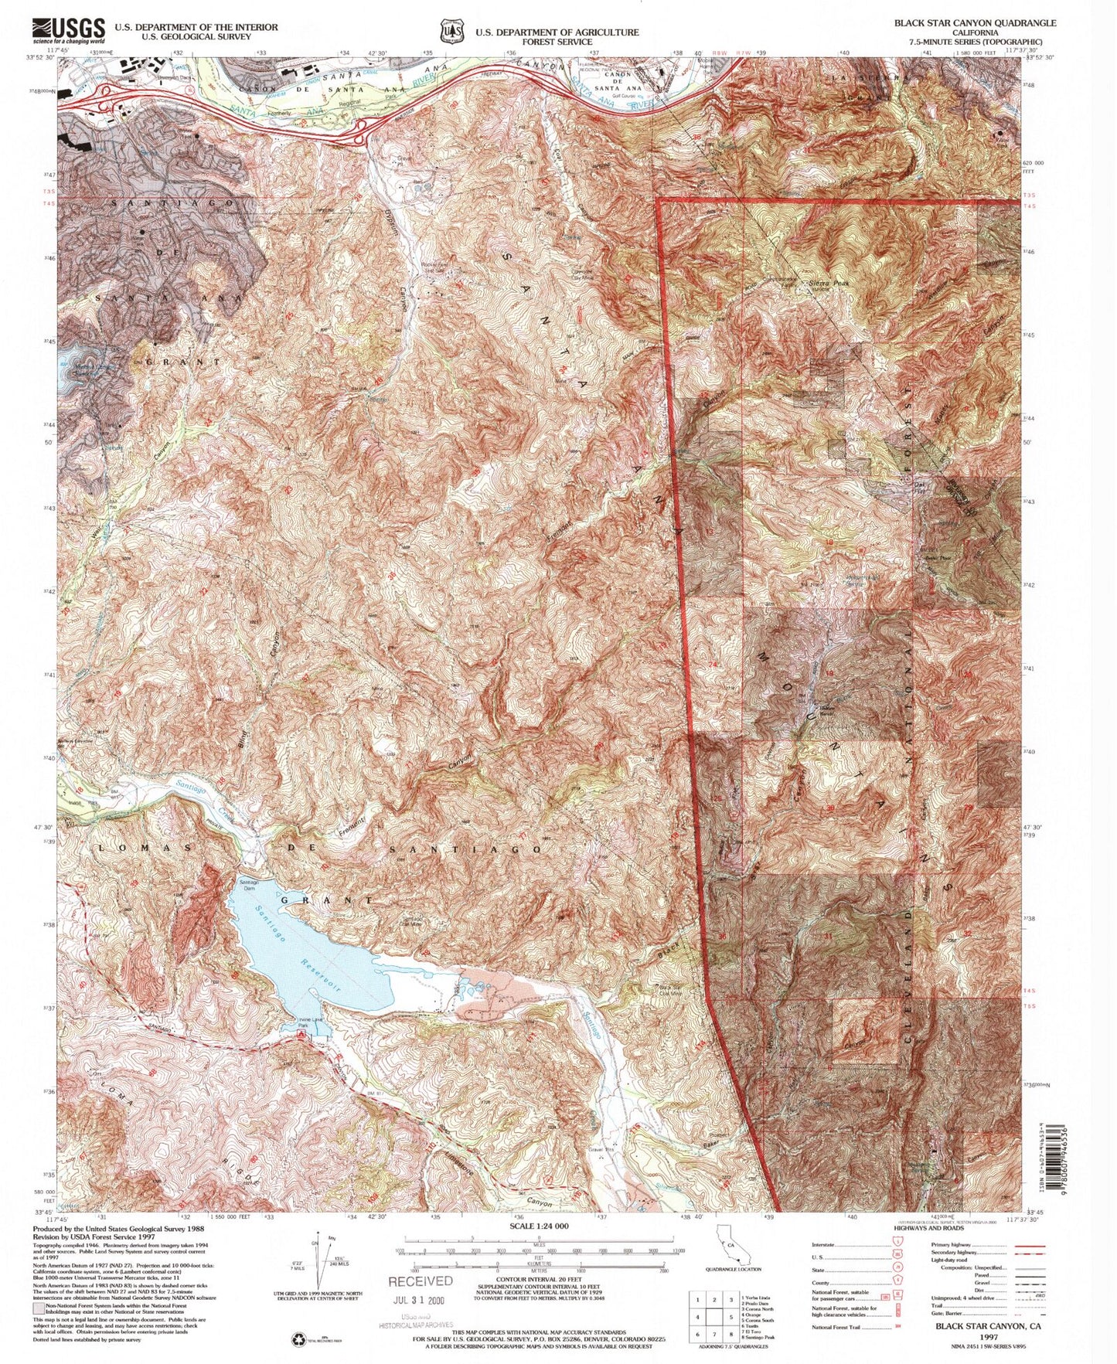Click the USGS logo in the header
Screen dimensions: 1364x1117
click(x=67, y=30)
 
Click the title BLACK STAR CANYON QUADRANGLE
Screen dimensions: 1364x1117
click(x=975, y=23)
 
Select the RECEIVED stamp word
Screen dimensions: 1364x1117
click(x=421, y=1281)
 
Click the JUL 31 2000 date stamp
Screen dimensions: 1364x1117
click(x=421, y=1299)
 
